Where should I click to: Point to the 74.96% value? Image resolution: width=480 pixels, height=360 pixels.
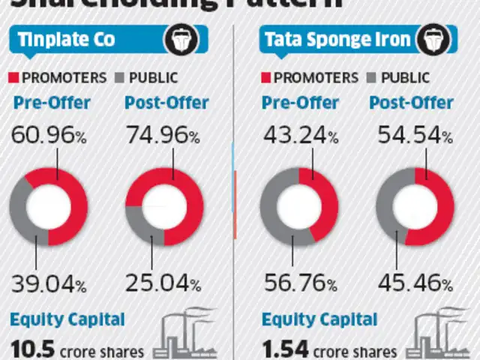(163, 137)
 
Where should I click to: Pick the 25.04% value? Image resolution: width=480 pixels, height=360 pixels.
(163, 284)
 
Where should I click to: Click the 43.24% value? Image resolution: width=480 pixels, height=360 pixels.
(298, 137)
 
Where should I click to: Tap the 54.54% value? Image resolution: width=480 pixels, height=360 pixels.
(415, 137)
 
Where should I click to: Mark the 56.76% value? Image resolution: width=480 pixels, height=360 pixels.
(298, 284)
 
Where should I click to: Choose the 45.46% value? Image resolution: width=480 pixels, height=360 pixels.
(415, 284)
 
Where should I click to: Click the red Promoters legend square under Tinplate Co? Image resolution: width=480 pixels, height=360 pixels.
(15, 77)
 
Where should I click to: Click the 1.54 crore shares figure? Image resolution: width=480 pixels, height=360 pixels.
(330, 349)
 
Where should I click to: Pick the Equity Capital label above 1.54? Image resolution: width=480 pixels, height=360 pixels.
(319, 320)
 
